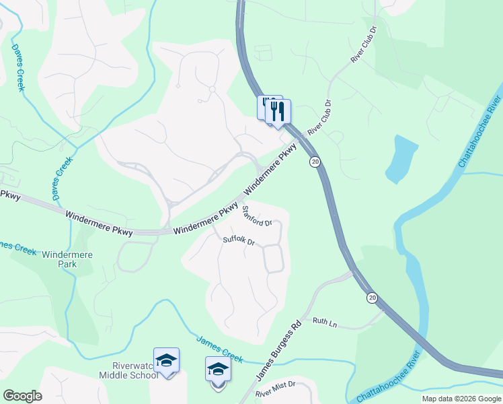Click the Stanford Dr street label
[x=257, y=216]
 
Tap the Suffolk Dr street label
[x=239, y=240]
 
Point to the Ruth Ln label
[x=325, y=323]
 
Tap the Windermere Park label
[x=67, y=259]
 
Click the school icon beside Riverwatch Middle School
[x=166, y=361]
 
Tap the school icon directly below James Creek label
[x=218, y=370]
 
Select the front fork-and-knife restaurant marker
[x=278, y=111]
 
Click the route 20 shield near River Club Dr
[x=315, y=162]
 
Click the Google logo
[x=22, y=396]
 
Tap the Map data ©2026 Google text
[x=461, y=399]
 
